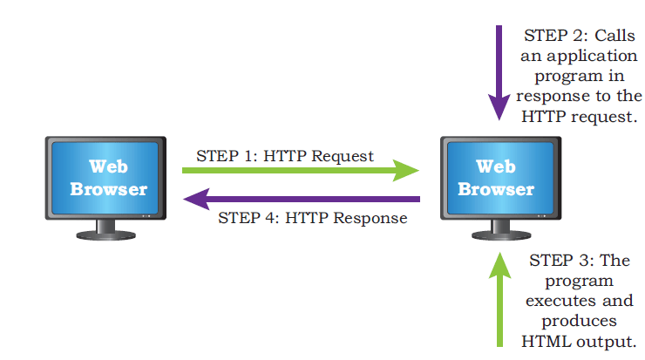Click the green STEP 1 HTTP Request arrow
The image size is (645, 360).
(x=301, y=170)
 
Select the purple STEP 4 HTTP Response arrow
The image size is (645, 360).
(x=302, y=199)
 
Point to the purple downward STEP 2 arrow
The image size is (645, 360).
(x=499, y=73)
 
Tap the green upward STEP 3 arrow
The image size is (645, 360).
(x=499, y=300)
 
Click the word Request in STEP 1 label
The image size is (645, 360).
(x=343, y=157)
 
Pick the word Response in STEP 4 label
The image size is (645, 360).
(x=370, y=219)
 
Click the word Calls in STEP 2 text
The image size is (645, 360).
(x=615, y=36)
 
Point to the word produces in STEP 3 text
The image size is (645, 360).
(x=579, y=322)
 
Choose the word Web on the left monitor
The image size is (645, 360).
(x=109, y=166)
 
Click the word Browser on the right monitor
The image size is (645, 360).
(x=496, y=189)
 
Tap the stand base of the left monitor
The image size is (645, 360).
(x=106, y=235)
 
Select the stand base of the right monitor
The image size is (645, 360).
(x=501, y=235)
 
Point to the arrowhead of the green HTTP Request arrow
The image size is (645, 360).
(x=406, y=170)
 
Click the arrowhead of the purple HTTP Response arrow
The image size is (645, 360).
(x=197, y=199)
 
